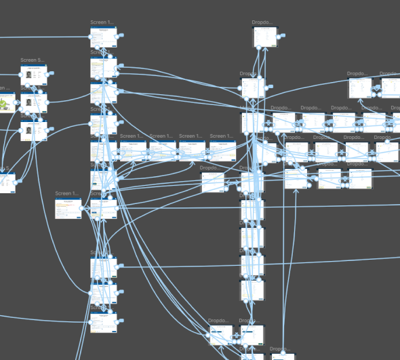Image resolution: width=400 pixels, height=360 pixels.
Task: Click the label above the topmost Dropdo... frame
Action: click(262, 22)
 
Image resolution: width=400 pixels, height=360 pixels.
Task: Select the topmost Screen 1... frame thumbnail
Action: click(104, 37)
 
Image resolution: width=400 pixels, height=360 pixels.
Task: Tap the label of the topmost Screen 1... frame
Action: click(104, 22)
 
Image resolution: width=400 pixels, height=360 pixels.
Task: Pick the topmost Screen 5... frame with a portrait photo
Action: click(33, 75)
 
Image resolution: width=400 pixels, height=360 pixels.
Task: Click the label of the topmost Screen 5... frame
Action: click(33, 61)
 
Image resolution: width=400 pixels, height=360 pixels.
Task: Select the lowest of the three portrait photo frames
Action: click(33, 130)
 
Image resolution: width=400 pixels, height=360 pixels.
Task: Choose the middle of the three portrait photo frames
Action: click(33, 102)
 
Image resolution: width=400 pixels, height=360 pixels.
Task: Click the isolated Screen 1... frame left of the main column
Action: click(67, 208)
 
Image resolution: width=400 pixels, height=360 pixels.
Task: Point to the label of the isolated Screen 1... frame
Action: click(67, 194)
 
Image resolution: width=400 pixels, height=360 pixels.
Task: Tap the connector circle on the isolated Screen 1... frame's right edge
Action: click(81, 208)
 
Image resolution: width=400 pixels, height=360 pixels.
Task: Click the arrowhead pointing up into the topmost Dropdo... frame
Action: click(266, 49)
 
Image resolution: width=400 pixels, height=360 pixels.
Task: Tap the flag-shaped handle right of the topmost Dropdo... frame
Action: click(283, 35)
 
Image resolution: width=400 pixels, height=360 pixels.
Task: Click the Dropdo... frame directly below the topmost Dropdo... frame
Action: click(252, 88)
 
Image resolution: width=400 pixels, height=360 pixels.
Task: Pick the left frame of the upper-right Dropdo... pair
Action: click(359, 88)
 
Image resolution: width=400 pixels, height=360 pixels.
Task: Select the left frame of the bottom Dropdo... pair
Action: click(221, 336)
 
